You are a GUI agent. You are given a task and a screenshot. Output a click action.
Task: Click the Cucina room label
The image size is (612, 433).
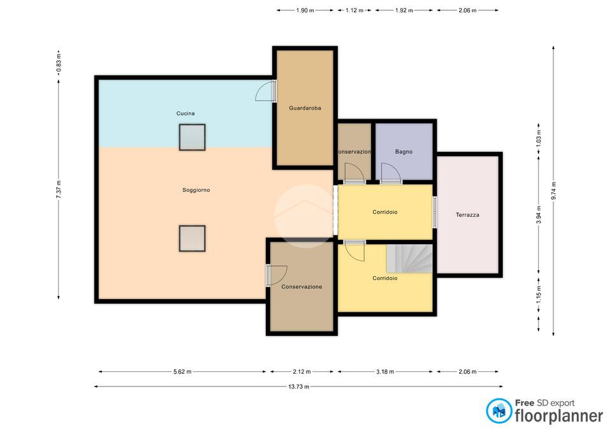186,114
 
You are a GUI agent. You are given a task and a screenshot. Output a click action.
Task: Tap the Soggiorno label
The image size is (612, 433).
196,190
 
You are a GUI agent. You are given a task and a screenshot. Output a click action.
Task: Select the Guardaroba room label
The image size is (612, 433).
305,108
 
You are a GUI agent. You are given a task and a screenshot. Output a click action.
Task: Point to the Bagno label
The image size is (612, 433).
404,152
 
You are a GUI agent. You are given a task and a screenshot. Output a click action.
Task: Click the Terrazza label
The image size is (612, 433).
467,215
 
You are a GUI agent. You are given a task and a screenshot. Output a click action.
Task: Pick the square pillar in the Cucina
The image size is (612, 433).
192,137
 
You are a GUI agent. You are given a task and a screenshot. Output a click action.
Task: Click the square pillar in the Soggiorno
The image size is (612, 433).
192,238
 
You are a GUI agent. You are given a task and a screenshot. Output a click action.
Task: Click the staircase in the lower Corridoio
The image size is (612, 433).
409,258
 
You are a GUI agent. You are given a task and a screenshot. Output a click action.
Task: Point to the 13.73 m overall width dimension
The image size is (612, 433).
298,386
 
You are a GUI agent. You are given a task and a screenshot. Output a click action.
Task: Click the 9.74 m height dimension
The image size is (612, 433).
553,191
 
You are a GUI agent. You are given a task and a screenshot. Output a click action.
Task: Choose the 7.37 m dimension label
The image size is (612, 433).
59,190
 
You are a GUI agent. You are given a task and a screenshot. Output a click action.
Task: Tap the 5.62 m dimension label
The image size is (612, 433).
182,372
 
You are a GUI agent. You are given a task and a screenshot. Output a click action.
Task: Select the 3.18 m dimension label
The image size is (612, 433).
385,372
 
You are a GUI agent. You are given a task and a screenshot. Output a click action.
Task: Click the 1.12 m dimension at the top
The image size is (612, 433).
354,11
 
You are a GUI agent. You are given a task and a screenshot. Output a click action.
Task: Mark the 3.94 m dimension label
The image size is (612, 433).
539,215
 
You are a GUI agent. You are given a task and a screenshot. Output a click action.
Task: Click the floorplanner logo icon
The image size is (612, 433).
499,411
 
